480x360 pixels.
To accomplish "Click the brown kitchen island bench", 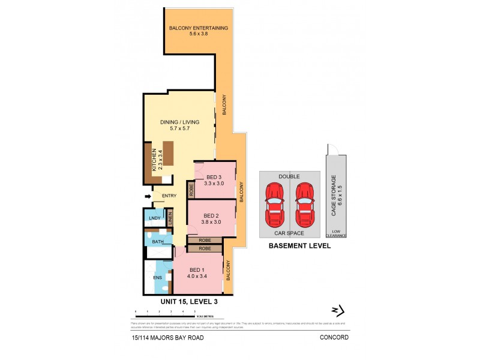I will tap(168, 152).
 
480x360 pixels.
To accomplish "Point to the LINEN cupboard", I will tap(170, 218).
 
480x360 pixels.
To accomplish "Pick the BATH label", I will tap(157, 242).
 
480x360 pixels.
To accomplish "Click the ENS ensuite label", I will tap(157, 278).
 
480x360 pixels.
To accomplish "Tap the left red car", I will tap(275, 202).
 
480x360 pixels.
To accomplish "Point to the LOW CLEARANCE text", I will tap(337, 234).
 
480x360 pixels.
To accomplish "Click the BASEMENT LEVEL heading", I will tap(299, 246).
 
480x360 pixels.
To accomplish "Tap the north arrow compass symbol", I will tap(339, 310).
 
